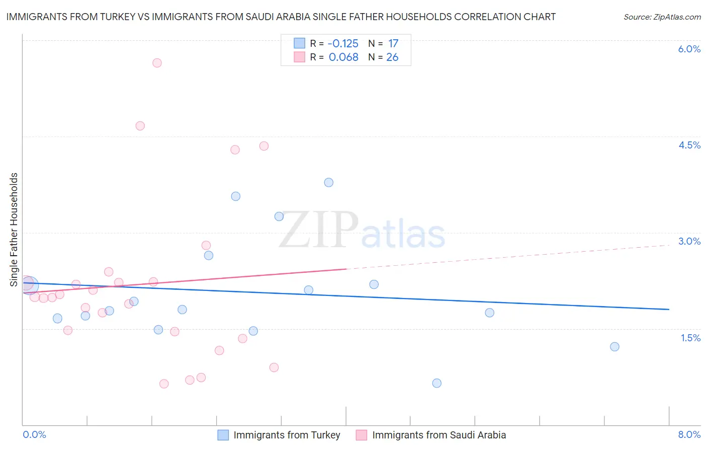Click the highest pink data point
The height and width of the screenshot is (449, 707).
coord(157,63)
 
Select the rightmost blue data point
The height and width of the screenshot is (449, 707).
coord(614,347)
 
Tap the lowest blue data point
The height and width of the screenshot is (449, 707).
coord(437,383)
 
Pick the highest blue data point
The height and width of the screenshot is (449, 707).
coord(329,182)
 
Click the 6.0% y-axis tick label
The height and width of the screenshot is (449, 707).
coord(689,49)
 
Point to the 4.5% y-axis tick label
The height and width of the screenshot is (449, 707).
coord(689,145)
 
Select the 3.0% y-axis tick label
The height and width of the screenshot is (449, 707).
coord(689,241)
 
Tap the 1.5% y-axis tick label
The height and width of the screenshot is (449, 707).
coord(690,338)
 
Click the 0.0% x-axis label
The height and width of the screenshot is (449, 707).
coord(34,435)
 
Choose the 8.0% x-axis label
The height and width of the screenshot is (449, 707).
coord(689,435)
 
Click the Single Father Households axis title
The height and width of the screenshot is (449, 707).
coord(14,230)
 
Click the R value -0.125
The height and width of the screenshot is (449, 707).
coord(343,44)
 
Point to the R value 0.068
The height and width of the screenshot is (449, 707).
coord(343,57)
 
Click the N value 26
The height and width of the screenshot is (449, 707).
coord(392,57)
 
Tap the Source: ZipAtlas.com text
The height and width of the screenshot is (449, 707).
coord(662,17)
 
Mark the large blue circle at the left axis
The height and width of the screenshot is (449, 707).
coord(29,285)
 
